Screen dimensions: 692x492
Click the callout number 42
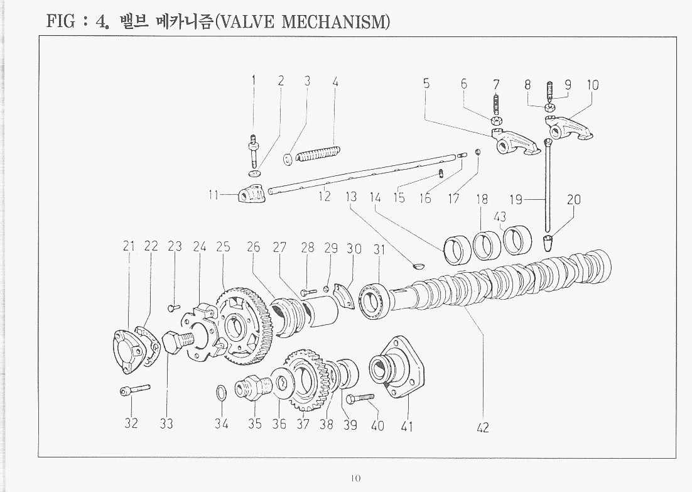pos(483,427)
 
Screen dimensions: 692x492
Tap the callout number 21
pos(129,246)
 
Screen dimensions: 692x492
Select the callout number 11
pos(214,195)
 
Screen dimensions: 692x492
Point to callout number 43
pos(500,217)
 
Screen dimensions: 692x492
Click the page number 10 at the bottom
pos(355,478)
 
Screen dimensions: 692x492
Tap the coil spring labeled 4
pos(318,153)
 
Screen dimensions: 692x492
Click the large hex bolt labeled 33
pos(178,342)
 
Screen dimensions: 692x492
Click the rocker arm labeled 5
pos(515,142)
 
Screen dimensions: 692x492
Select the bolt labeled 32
pos(135,390)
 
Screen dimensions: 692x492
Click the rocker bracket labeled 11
pos(252,193)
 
